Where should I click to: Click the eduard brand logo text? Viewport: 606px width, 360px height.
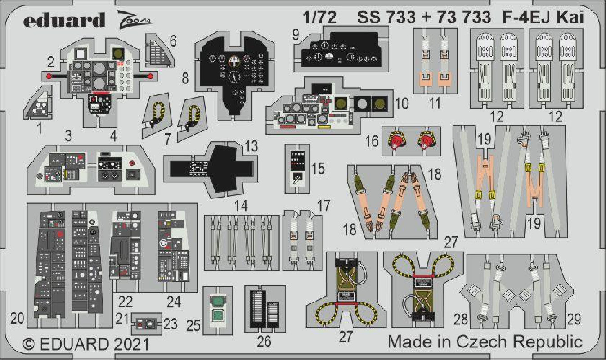64,20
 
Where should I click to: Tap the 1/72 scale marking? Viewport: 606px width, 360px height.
319,17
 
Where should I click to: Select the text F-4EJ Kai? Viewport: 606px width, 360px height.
543,17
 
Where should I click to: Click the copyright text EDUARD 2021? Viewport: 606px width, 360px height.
86,344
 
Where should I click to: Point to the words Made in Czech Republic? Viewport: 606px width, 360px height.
485,342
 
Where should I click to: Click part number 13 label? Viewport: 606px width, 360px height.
251,146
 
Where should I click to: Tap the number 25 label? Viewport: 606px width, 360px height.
193,325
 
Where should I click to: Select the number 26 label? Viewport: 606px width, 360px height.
264,342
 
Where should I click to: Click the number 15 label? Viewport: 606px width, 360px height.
318,168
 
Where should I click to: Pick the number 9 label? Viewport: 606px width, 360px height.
296,35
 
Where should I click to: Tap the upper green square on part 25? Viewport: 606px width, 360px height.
217,300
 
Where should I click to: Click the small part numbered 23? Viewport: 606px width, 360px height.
146,324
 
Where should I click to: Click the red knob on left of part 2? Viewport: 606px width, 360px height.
49,76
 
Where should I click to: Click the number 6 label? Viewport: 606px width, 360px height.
173,41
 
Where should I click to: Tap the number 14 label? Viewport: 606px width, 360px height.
241,206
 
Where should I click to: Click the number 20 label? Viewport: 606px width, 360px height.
17,318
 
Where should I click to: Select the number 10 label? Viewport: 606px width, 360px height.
402,103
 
